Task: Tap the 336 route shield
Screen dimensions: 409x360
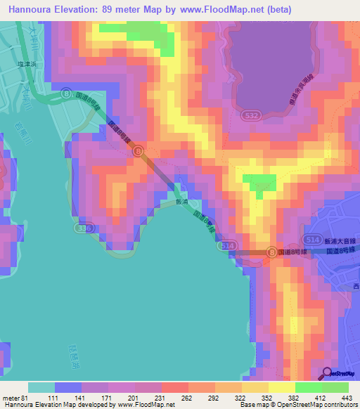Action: coord(83,229)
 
